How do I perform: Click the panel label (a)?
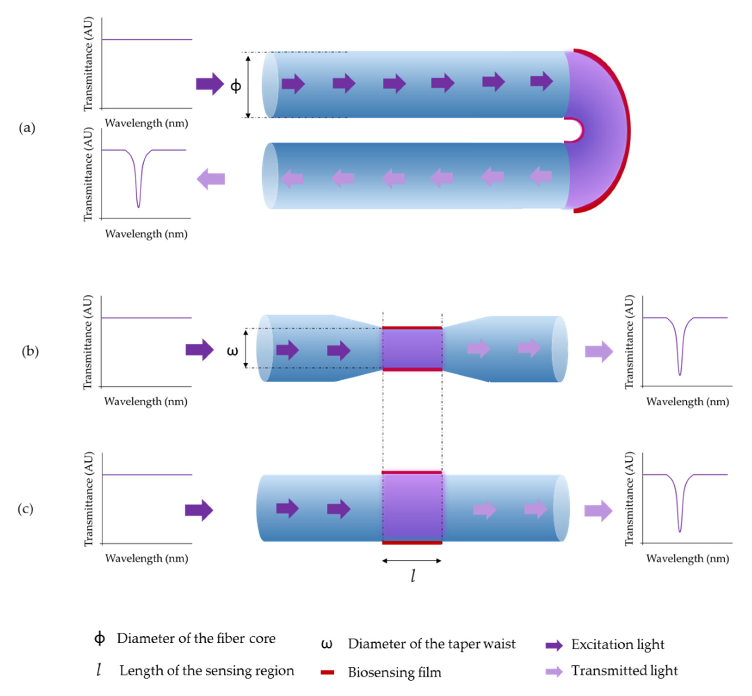click(x=27, y=128)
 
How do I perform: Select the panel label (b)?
click(x=30, y=351)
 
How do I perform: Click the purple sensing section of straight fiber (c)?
click(x=412, y=508)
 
